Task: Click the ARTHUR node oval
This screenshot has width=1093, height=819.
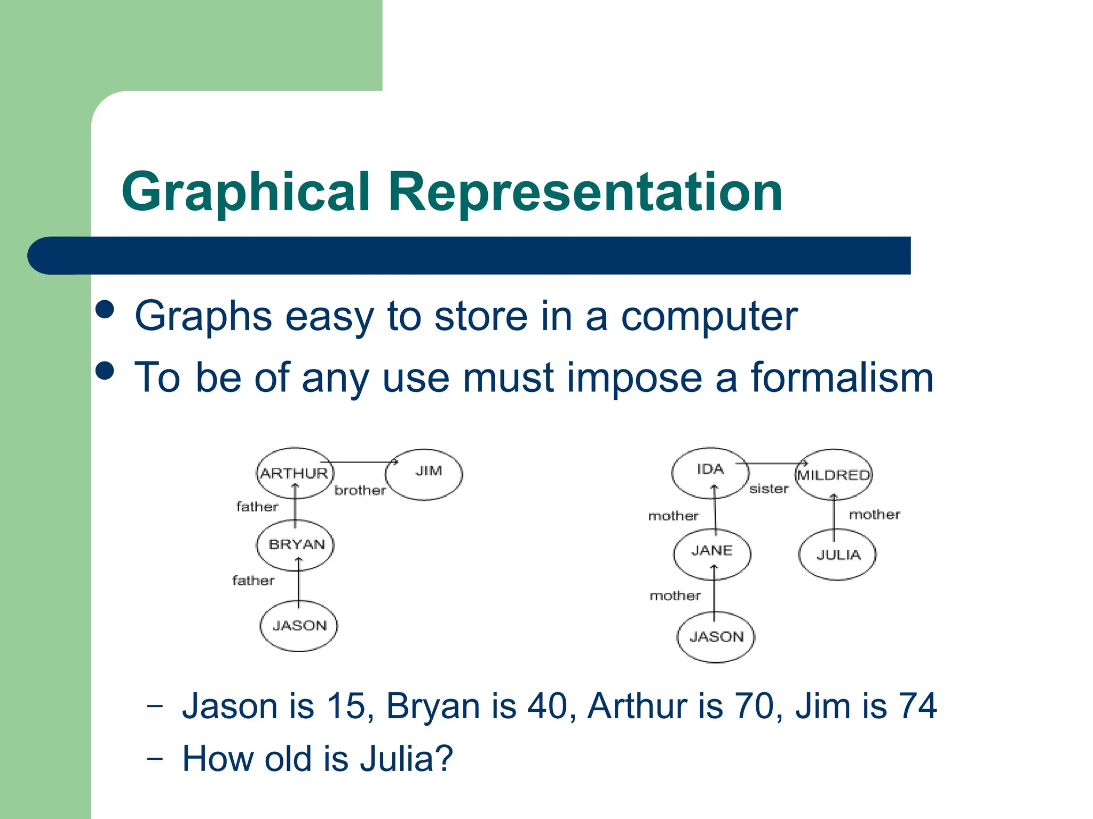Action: [295, 473]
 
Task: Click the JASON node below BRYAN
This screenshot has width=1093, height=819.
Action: [298, 625]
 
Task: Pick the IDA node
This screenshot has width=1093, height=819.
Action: [710, 472]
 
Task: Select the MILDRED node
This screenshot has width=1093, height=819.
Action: [834, 475]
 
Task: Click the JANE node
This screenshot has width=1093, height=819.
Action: [712, 553]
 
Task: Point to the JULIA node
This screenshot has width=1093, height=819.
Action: [837, 555]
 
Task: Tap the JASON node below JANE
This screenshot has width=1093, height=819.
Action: [716, 637]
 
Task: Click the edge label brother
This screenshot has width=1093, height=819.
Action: [360, 491]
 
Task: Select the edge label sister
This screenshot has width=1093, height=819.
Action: [769, 489]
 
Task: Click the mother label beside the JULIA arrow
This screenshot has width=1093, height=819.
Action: [874, 515]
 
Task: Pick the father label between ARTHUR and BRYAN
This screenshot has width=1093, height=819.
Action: [257, 507]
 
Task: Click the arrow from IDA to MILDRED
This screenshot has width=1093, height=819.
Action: [774, 464]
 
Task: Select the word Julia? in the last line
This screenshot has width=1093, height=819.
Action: [406, 759]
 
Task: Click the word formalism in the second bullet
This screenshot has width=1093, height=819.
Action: [842, 378]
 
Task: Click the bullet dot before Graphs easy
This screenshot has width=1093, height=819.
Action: [105, 309]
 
